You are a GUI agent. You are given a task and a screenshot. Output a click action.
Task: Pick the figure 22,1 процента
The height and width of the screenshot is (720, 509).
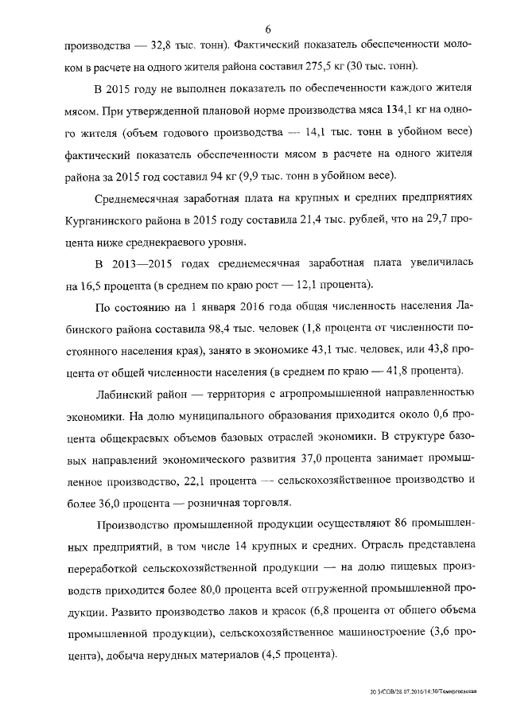pyautogui.click(x=200, y=480)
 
